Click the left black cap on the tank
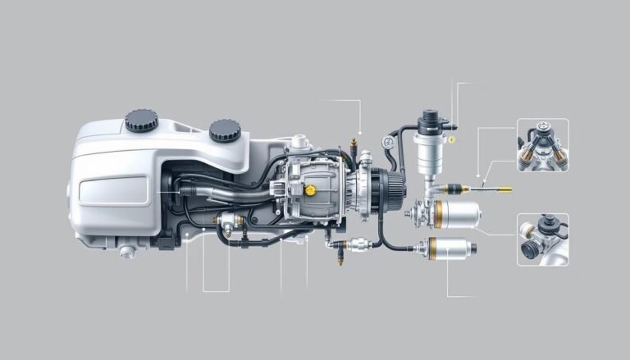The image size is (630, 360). click(141, 120)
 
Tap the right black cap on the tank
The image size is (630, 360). click(224, 130)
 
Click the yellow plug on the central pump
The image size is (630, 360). click(311, 189)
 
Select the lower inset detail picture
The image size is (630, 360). click(542, 239)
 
